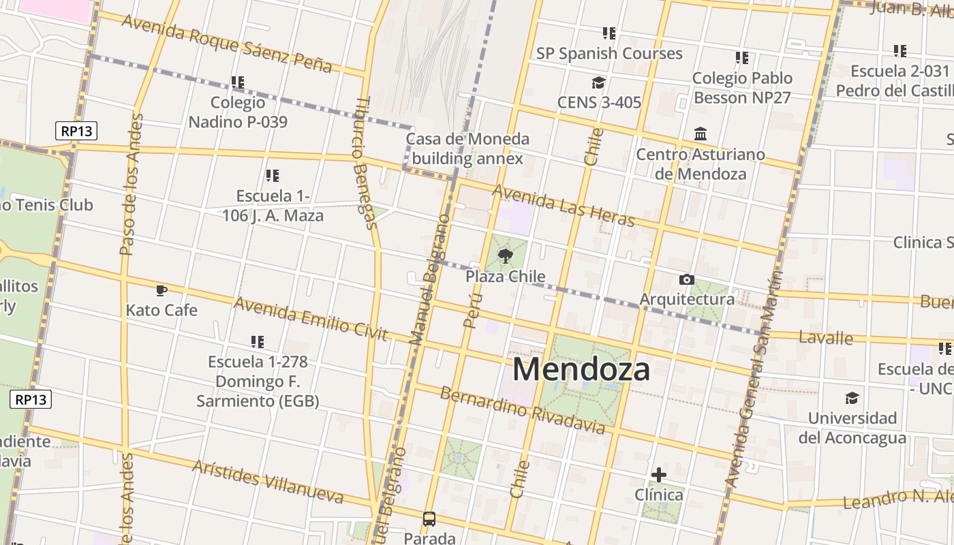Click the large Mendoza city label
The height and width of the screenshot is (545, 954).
click(x=581, y=369)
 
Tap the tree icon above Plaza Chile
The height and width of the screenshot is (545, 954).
click(x=505, y=256)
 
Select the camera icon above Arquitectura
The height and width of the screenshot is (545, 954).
click(x=687, y=279)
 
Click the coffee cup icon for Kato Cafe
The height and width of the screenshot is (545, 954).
click(x=161, y=291)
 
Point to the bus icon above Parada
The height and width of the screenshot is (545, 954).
click(x=429, y=519)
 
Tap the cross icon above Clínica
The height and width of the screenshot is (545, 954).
click(x=659, y=475)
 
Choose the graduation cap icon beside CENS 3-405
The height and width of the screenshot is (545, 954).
click(x=598, y=82)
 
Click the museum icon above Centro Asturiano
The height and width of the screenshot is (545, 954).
click(x=701, y=134)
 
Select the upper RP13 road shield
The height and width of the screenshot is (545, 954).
click(x=76, y=130)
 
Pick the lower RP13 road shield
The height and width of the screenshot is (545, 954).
click(x=31, y=399)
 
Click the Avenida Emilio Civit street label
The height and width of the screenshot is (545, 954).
click(x=311, y=318)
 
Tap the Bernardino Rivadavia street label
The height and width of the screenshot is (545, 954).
click(x=522, y=410)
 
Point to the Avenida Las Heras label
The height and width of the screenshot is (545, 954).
click(x=563, y=205)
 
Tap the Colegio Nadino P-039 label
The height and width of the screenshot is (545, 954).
click(x=238, y=112)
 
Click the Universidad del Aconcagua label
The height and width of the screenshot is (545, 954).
click(x=852, y=428)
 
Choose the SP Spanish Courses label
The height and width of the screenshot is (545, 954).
click(x=609, y=53)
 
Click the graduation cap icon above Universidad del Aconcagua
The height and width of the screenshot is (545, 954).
click(x=852, y=398)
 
